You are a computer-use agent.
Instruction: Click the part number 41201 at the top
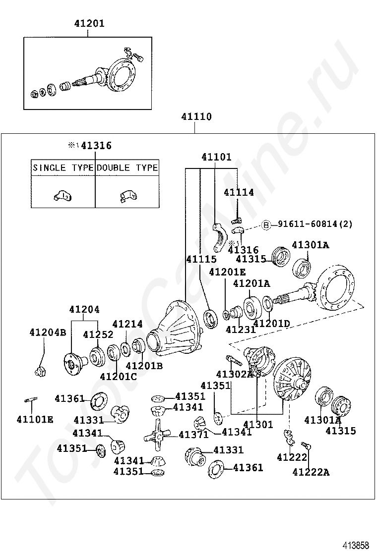point(89,23)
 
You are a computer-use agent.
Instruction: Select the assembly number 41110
point(196,117)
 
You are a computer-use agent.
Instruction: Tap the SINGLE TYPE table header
point(63,167)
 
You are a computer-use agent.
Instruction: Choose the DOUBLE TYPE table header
point(127,167)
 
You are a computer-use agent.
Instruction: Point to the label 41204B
point(47,332)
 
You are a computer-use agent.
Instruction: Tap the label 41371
point(194,435)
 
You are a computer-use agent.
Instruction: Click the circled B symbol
point(266,224)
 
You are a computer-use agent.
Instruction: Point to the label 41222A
point(311,472)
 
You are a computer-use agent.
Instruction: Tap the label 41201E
point(227,272)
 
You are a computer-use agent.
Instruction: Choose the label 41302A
point(235,374)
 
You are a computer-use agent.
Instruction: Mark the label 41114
point(239,193)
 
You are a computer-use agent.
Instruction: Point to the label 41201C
point(118,376)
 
